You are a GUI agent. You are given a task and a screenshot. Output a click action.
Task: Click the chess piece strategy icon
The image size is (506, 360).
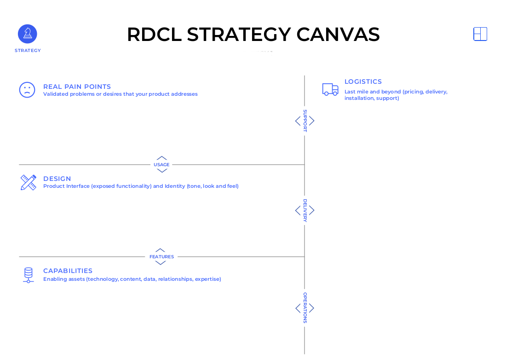(x=28, y=34)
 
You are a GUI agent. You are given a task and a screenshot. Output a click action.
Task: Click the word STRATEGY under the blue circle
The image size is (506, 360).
(x=28, y=51)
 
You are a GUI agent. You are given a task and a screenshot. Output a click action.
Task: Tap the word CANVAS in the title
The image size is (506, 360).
(x=338, y=35)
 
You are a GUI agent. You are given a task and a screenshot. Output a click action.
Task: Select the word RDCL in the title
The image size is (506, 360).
(x=154, y=35)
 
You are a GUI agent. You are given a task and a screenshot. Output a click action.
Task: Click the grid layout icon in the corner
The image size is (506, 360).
(x=480, y=34)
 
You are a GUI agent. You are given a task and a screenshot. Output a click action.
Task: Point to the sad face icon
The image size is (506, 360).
(x=27, y=90)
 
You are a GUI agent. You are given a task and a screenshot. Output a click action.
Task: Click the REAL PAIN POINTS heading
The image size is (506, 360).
(x=77, y=87)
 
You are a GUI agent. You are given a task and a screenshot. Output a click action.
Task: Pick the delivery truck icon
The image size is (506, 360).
(x=330, y=89)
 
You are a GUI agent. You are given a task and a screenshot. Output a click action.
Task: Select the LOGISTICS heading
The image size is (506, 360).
(x=363, y=81)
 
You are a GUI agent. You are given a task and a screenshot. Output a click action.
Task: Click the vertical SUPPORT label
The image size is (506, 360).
(x=305, y=121)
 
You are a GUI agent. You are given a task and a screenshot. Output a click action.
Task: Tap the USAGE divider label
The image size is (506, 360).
(x=161, y=165)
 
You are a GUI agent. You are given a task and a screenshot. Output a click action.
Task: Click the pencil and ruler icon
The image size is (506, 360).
(x=28, y=182)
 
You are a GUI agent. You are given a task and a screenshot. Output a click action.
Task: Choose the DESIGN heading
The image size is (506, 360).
(x=57, y=179)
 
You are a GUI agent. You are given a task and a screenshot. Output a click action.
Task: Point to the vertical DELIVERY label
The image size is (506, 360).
(x=305, y=210)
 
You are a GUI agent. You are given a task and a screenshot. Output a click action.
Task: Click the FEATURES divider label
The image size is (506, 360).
(x=161, y=257)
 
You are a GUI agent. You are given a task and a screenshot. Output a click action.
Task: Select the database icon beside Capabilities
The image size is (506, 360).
(x=28, y=275)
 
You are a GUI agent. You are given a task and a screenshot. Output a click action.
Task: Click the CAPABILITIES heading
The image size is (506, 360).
(x=68, y=271)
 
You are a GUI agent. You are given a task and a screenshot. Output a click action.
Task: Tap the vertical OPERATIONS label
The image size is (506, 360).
(x=305, y=308)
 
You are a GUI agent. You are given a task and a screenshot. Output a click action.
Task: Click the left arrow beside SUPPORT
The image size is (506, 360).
(x=298, y=121)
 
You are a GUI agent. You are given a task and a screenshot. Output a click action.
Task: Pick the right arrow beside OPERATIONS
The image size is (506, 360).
(x=312, y=308)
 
